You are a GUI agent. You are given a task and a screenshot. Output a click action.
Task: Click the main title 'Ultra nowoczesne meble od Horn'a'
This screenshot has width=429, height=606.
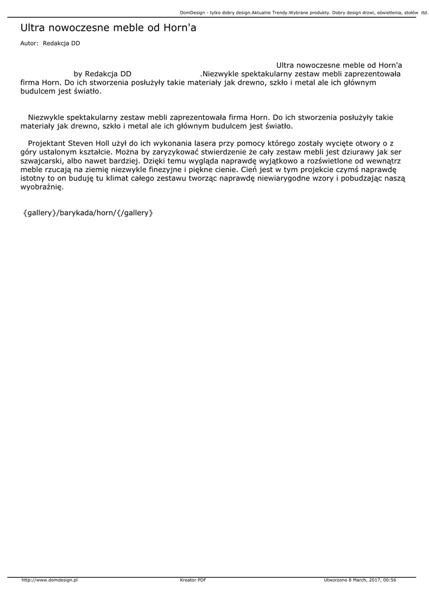coord(108,28)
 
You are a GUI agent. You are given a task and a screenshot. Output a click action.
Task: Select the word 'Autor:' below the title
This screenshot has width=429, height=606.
coord(29,43)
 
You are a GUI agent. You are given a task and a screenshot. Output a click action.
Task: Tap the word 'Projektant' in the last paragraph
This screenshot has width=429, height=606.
coord(47,143)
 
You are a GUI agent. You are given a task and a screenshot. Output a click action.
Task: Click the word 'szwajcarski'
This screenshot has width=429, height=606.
coord(40,160)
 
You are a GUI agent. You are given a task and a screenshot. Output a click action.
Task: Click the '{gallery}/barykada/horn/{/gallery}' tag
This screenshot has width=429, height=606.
coord(88,212)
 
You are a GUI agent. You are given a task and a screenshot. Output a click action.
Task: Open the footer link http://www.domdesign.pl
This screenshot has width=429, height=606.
coord(50,580)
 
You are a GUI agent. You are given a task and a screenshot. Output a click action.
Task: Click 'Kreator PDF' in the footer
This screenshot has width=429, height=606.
coord(193,580)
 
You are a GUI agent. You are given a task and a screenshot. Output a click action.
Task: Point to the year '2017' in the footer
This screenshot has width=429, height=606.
coord(372,580)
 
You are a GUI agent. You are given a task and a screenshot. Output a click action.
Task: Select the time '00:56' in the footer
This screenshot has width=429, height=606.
coord(389,580)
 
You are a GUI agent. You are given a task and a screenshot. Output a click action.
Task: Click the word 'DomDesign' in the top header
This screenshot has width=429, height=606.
coord(192,12)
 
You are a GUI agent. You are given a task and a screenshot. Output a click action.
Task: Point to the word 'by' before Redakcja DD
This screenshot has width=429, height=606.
coord(78,74)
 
